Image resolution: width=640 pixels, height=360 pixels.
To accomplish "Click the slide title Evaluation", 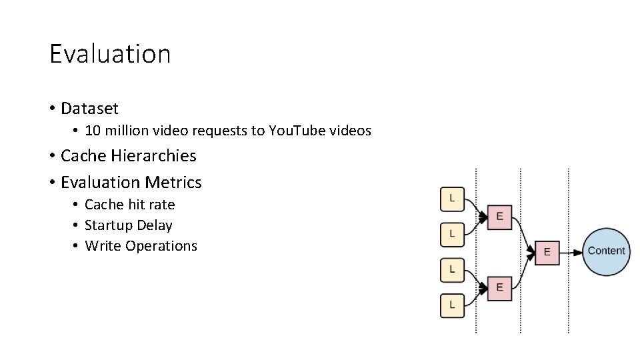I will coord(110,53).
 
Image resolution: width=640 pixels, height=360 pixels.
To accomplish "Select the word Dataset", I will coord(89,108).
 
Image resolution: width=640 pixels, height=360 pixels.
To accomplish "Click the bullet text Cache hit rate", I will coord(129,205).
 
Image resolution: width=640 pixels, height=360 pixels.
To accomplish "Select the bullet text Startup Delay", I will coord(128,225).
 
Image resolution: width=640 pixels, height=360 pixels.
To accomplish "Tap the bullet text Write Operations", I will coord(141,246).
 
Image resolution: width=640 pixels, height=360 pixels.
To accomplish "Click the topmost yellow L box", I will coord(453,198).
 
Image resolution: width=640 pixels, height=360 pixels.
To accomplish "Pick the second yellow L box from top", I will coord(453,233).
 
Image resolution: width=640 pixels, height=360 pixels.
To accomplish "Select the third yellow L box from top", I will coord(453,269).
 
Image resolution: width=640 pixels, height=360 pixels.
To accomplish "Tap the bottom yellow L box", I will coord(453,305).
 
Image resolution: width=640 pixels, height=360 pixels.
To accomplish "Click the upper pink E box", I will coord(499,217).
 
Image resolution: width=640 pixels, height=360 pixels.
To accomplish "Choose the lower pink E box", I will coord(499,287).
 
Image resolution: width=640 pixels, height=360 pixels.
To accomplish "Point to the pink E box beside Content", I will coord(547,252).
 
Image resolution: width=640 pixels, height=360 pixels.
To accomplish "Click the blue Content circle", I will coord(606,251).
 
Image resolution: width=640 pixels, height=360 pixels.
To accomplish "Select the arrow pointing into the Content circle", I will coord(571,252).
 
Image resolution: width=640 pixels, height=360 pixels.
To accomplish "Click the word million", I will coord(125,131).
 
